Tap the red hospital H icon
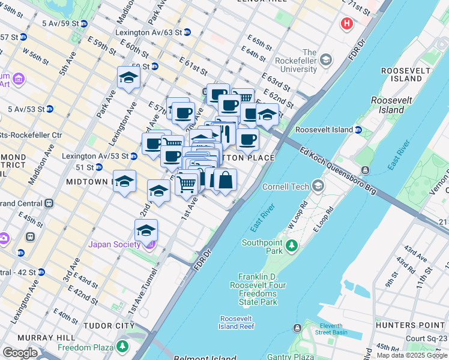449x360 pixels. point(346,24)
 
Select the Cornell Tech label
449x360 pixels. point(286,187)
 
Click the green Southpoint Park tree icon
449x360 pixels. point(292,245)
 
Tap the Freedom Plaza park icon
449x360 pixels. point(122,347)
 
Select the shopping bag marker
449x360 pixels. point(225,180)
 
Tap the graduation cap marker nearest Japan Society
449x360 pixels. point(146,230)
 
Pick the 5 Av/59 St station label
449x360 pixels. point(60,23)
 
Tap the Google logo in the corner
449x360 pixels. point(20,353)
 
